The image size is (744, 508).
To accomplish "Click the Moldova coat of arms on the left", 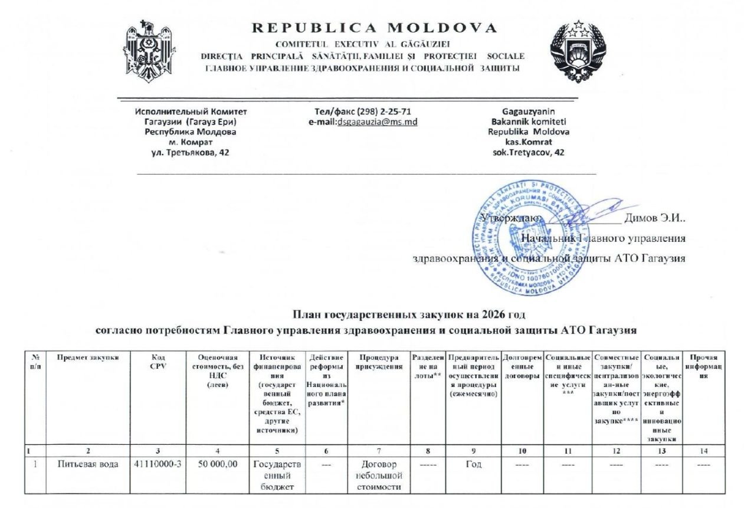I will [141, 51].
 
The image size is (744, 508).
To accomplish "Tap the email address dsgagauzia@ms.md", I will [377, 122].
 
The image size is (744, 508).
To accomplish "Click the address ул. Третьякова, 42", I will [191, 152].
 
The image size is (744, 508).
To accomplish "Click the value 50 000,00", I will [218, 464].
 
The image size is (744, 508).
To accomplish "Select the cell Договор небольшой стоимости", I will [379, 475].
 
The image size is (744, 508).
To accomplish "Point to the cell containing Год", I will [473, 464].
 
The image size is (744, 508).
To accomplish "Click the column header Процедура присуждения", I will [379, 361].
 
